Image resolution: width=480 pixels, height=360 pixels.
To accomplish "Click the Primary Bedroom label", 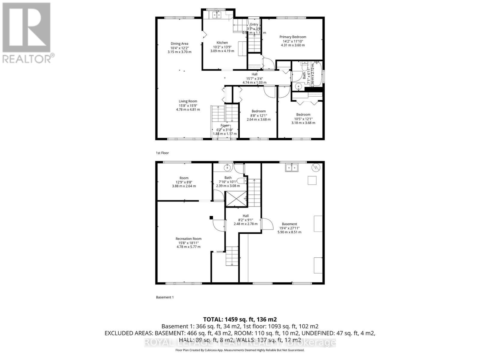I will click(293, 37).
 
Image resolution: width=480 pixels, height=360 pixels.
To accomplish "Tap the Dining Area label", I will click(179, 43).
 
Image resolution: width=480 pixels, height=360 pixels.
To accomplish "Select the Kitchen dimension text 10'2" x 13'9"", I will click(222, 47).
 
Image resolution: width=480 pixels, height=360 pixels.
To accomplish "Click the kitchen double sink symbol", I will click(216, 14).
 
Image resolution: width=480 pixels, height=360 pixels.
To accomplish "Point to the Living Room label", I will click(188, 101).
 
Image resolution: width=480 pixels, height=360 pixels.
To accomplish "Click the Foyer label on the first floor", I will click(225, 125).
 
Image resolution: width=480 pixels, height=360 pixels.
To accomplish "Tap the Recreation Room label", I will click(188, 239).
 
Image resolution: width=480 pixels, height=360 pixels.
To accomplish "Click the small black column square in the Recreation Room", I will click(211, 218).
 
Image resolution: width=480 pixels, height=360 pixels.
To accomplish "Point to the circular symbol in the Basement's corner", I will click(316, 167).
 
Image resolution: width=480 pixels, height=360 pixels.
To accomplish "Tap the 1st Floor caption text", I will click(162, 153).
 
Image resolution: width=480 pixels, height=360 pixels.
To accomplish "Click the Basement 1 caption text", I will click(165, 297).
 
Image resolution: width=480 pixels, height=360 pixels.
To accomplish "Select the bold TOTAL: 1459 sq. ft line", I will click(240, 319).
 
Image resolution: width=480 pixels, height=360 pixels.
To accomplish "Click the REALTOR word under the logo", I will click(27, 58).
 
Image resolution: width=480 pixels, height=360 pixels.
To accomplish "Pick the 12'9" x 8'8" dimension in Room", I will click(184, 182).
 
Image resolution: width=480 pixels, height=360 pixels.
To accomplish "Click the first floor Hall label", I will click(254, 74).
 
